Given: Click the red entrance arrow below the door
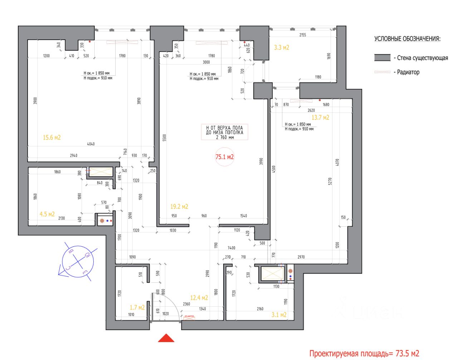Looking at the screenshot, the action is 166,338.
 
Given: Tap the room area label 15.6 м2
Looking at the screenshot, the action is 52,137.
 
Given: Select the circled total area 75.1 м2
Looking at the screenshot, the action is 224,157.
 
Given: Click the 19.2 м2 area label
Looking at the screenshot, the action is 179,207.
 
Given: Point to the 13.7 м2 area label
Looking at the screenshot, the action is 320,117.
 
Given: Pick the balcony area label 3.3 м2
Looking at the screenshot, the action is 281,47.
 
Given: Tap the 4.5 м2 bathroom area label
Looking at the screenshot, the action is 47,214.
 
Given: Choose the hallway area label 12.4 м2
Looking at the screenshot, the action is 199,298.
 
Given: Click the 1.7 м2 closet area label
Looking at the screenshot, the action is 137,307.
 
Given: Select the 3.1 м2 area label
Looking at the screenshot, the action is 279,315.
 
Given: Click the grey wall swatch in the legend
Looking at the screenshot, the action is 382,58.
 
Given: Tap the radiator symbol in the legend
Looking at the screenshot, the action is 382,72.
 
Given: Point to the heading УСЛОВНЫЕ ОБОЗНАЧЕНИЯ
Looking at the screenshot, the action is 407,39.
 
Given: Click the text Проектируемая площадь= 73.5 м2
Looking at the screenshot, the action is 364,354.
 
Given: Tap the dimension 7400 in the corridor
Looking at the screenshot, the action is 232,248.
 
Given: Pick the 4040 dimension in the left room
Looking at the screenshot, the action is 91,144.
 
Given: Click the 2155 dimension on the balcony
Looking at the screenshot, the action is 303,35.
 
